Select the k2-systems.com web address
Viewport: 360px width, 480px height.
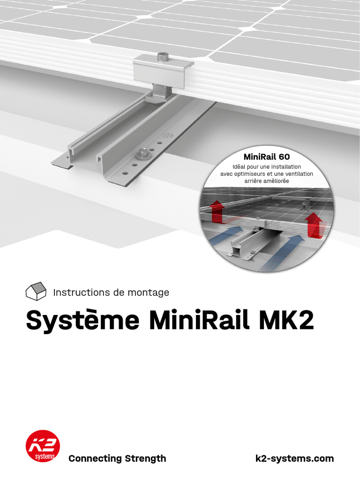click(x=294, y=458)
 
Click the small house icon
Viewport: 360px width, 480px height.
click(x=36, y=291)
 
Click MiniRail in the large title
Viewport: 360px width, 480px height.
click(x=198, y=321)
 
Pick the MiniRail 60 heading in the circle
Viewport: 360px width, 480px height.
click(x=267, y=156)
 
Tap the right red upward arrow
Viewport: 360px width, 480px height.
click(x=314, y=225)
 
